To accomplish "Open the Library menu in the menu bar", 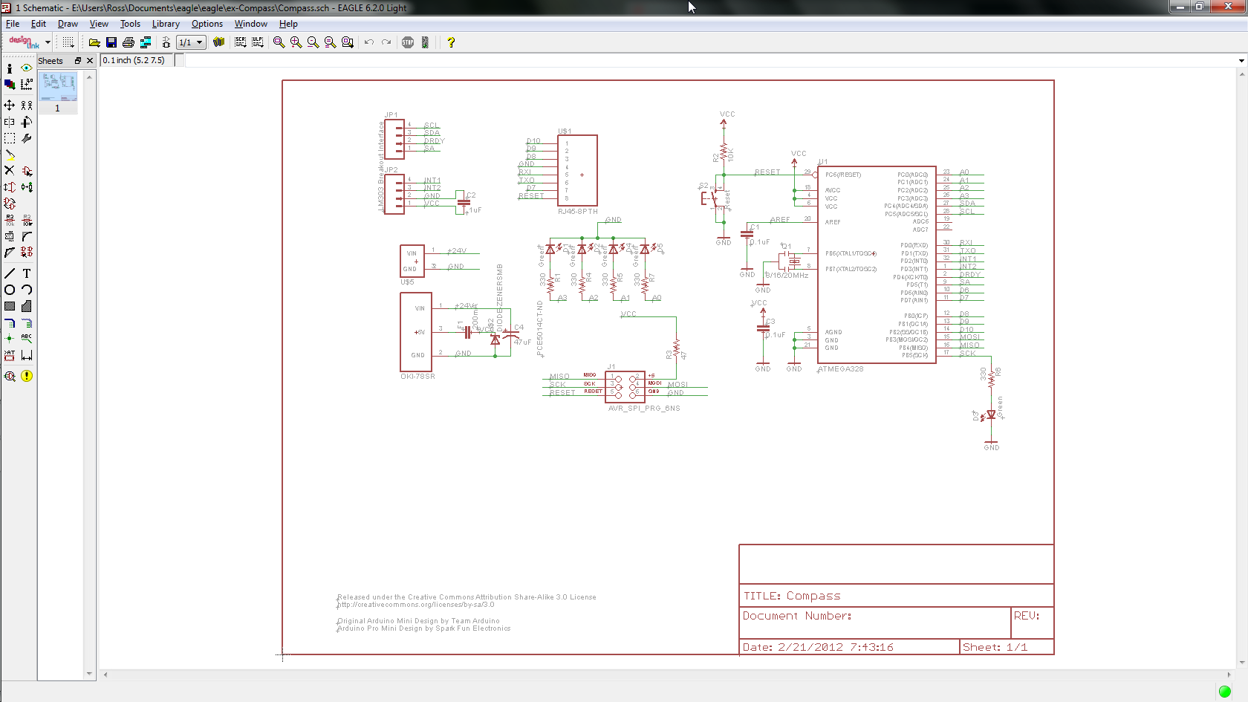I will coord(166,24).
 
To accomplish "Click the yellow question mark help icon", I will coord(450,42).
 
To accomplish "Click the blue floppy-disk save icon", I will coord(111,42).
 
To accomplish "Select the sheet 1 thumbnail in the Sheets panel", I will coord(58,87).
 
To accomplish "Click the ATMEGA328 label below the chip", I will coord(840,369).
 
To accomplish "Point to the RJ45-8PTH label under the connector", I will coord(577,212).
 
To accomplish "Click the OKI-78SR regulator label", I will coord(417,377).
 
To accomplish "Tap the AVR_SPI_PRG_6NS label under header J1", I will coord(644,409).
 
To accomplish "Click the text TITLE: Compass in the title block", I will coord(792,596).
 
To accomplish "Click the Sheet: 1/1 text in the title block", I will coord(995,647).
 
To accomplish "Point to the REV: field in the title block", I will coord(1027,616).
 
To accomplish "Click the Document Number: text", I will coord(797,616).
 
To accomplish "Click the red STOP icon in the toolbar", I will coord(408,42).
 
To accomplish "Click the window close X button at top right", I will coord(1228,7).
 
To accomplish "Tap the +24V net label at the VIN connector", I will coord(457,251).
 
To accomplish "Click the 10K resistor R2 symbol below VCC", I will coord(724,153).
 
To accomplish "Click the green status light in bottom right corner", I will coord(1225,692).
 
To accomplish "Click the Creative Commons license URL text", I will coord(415,605).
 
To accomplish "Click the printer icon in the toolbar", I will coord(129,42).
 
